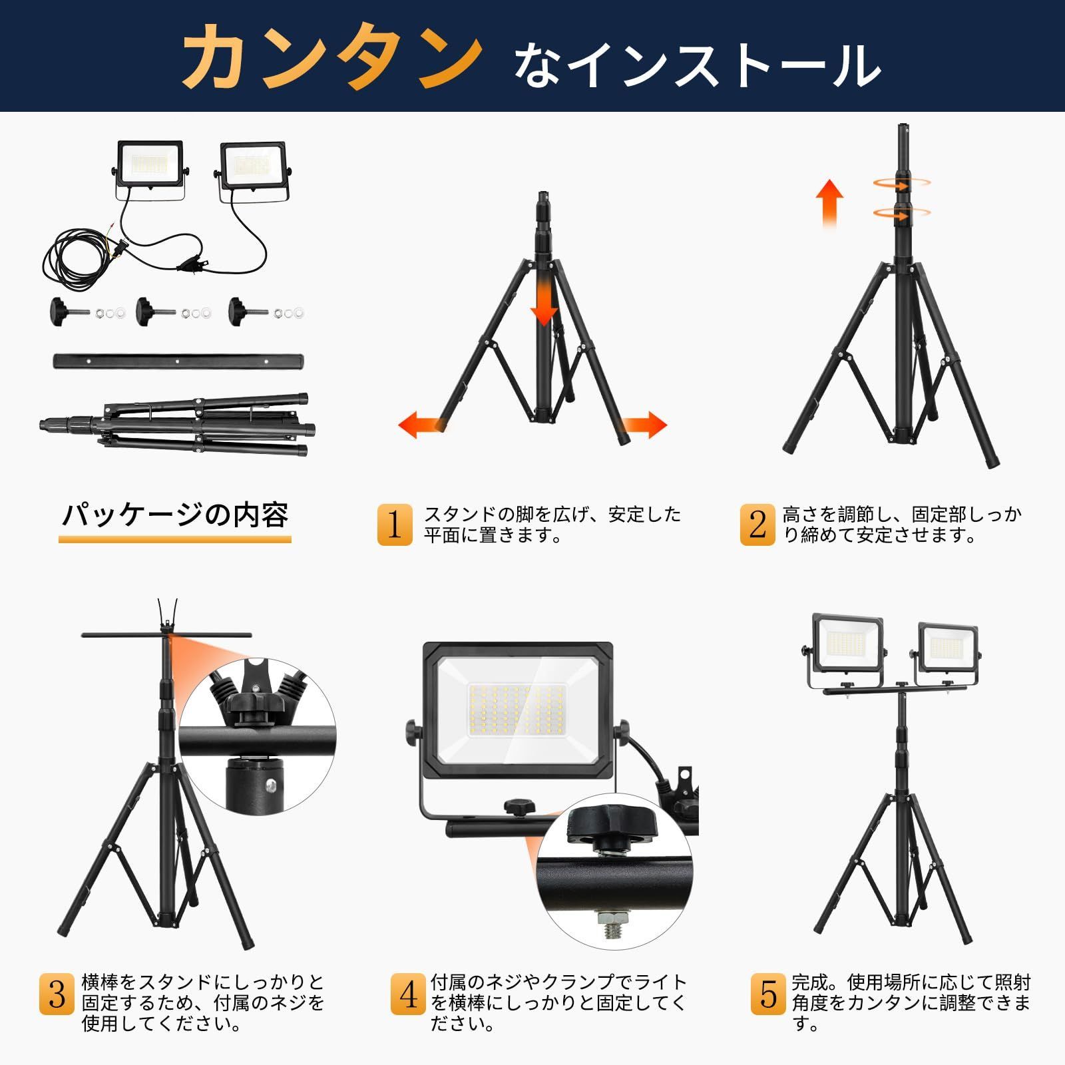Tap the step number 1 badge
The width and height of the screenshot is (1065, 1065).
coord(395,525)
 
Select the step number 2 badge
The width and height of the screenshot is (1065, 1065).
coord(757,525)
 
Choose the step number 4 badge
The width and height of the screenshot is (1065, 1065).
coord(408,995)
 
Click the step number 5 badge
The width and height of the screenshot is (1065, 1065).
coord(768,995)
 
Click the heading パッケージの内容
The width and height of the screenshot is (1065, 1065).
coord(175,516)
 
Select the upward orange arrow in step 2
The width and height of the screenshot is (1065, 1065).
coord(830,203)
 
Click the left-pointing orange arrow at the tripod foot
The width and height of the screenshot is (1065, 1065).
coord(419,425)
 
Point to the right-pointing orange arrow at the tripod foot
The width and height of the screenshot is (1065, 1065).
coord(644,425)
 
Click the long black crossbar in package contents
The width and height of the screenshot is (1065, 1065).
coord(178,361)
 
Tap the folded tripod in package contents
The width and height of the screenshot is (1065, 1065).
coord(176,425)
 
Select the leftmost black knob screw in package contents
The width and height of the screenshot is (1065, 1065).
coord(62,310)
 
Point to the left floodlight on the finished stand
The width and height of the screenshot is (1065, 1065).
coord(849,646)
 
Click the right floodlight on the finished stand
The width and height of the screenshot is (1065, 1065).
coord(948,649)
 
